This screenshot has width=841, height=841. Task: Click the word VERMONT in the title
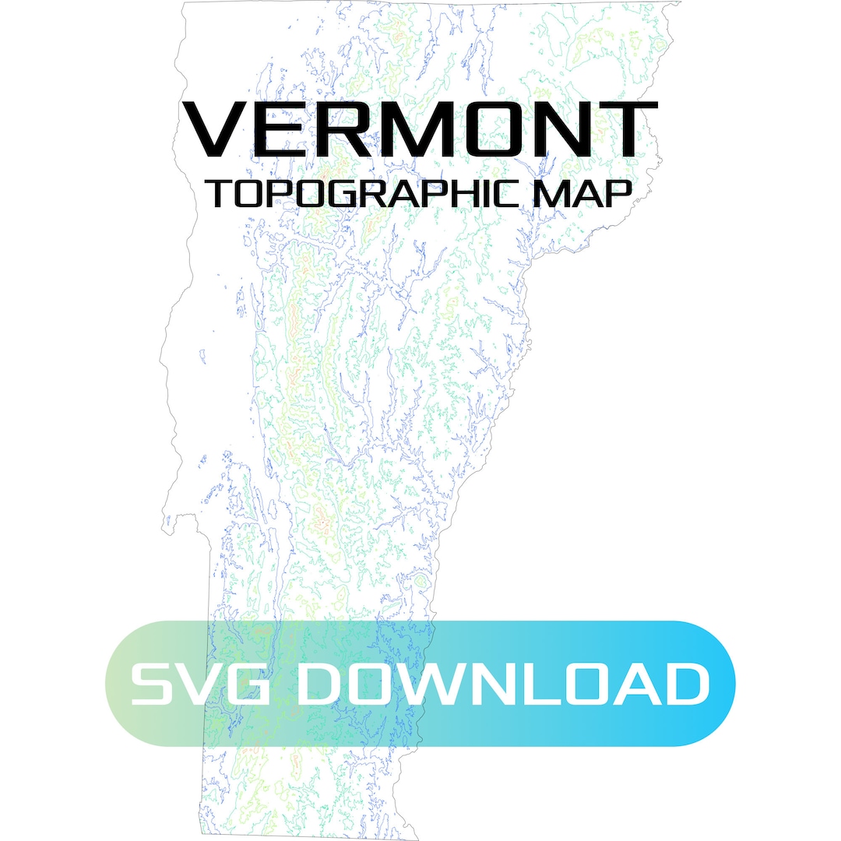point(420,129)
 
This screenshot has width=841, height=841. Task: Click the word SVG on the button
point(206,684)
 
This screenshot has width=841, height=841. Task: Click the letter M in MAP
point(562,194)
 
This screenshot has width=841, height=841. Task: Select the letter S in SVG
point(154,684)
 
